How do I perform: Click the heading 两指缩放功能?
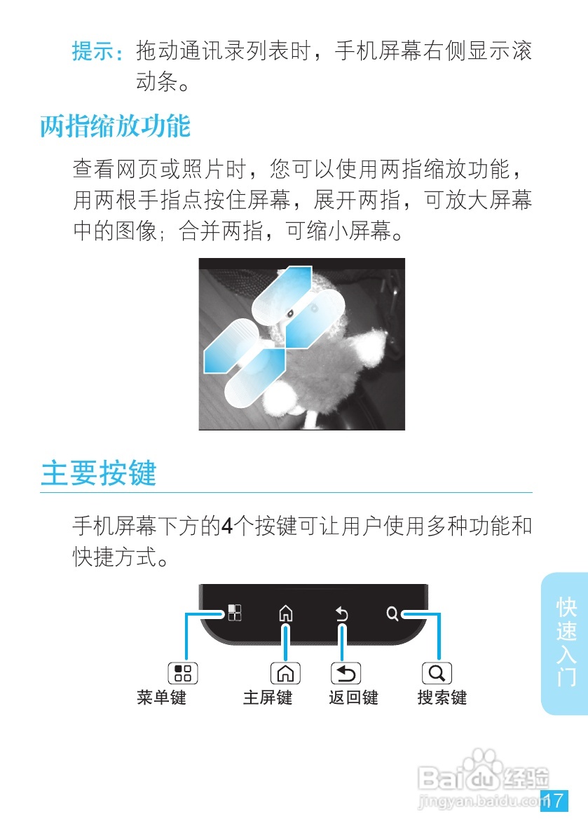tap(115, 126)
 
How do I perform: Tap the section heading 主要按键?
tap(98, 473)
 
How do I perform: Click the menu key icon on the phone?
tap(235, 613)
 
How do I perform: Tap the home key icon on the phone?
tap(285, 614)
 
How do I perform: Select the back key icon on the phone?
tap(342, 614)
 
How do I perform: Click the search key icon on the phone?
tap(392, 614)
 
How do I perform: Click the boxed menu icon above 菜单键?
tap(183, 673)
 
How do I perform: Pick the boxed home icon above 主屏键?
tap(285, 673)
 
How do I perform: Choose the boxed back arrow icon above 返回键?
tap(346, 673)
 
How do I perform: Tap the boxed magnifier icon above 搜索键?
tap(437, 673)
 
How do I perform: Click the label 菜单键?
tap(161, 698)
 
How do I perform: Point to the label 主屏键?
tap(268, 698)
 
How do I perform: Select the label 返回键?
tap(353, 698)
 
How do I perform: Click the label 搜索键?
tap(442, 698)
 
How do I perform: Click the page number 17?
tap(554, 801)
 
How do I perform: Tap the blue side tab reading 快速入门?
tap(565, 641)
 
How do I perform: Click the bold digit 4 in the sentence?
tap(227, 525)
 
